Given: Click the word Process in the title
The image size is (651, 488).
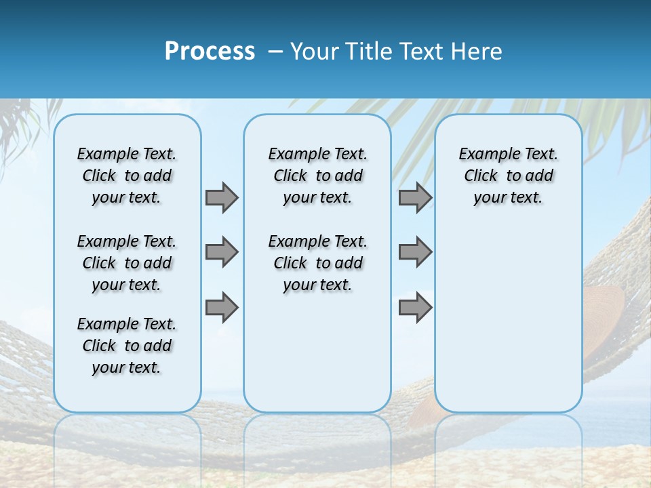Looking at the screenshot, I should click(210, 52).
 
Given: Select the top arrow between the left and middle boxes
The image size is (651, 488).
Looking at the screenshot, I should click(222, 197).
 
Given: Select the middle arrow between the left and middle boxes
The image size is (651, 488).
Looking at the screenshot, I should click(222, 252).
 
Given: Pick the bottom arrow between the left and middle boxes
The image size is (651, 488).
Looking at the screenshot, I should click(222, 307).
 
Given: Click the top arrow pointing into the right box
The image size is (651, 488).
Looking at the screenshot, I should click(415, 197).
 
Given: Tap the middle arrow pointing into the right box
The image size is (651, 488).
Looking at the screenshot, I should click(415, 252).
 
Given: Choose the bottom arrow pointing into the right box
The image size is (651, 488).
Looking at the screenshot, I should click(415, 307).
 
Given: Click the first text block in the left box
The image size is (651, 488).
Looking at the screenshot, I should click(127, 176).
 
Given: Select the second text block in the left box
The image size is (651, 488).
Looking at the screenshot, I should click(127, 263).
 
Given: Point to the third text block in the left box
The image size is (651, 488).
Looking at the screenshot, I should click(127, 346).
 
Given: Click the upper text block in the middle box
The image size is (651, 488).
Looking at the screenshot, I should click(317, 176).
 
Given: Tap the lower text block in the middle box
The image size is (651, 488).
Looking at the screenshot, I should click(317, 263).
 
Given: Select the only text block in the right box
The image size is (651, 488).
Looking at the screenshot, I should click(508, 176).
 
